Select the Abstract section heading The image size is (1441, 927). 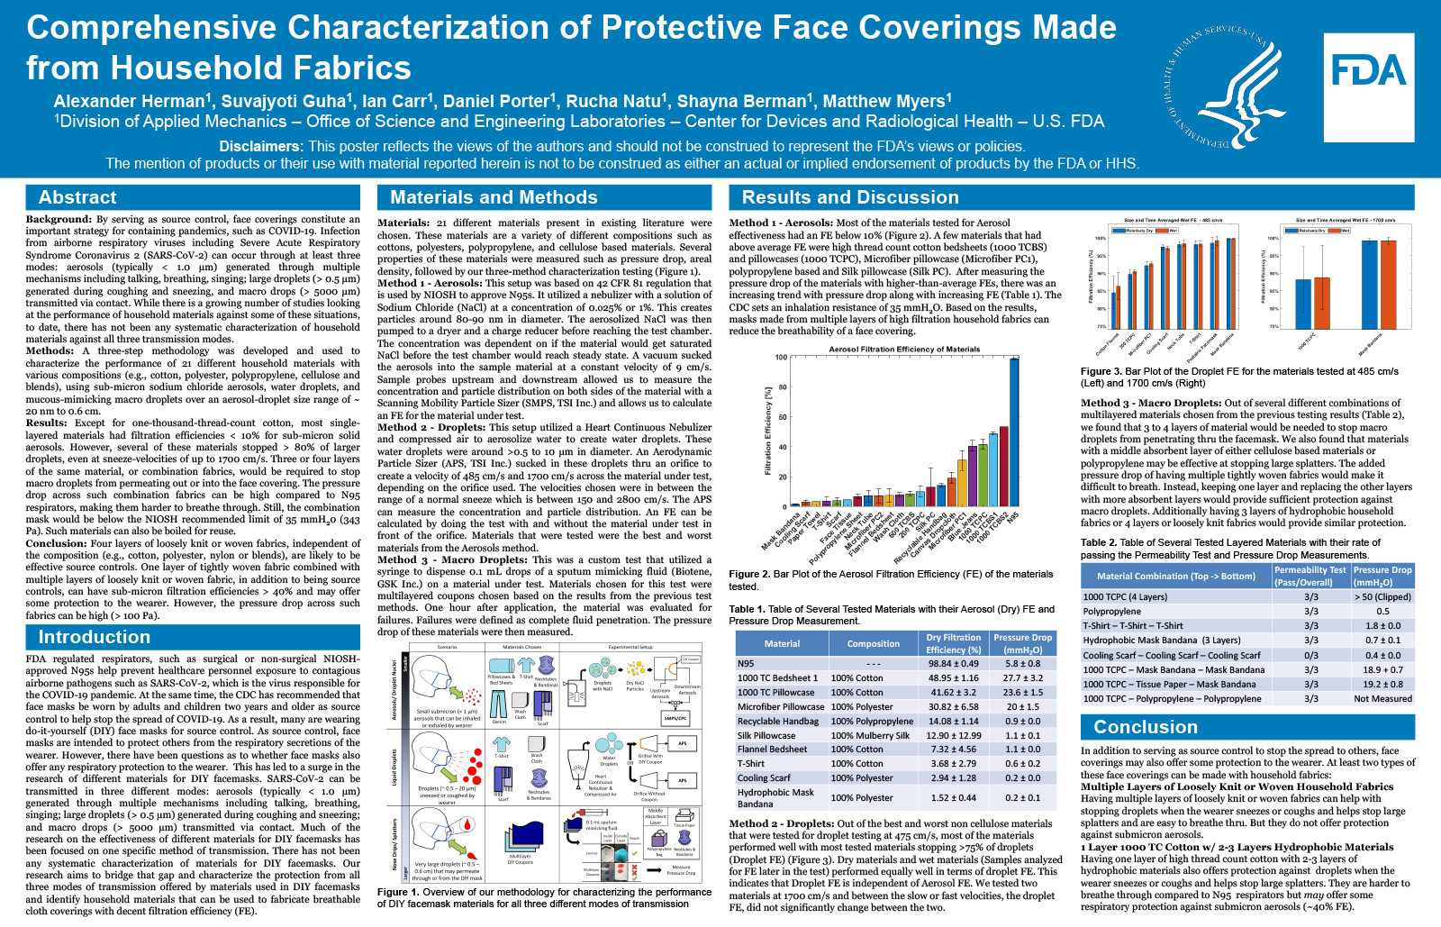(x=77, y=197)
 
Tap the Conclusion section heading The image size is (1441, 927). (x=1145, y=727)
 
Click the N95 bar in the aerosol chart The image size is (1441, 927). (x=1014, y=432)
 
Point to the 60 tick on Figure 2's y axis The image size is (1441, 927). (x=783, y=417)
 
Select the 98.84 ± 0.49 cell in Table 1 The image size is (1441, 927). (x=953, y=664)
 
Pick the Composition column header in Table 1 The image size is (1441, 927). (x=873, y=643)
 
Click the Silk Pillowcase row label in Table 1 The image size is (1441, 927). (x=766, y=735)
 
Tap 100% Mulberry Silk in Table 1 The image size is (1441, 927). (x=870, y=735)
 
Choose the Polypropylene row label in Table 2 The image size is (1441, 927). (x=1112, y=611)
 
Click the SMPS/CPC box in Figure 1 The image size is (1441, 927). (x=675, y=718)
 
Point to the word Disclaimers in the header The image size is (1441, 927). (x=259, y=146)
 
